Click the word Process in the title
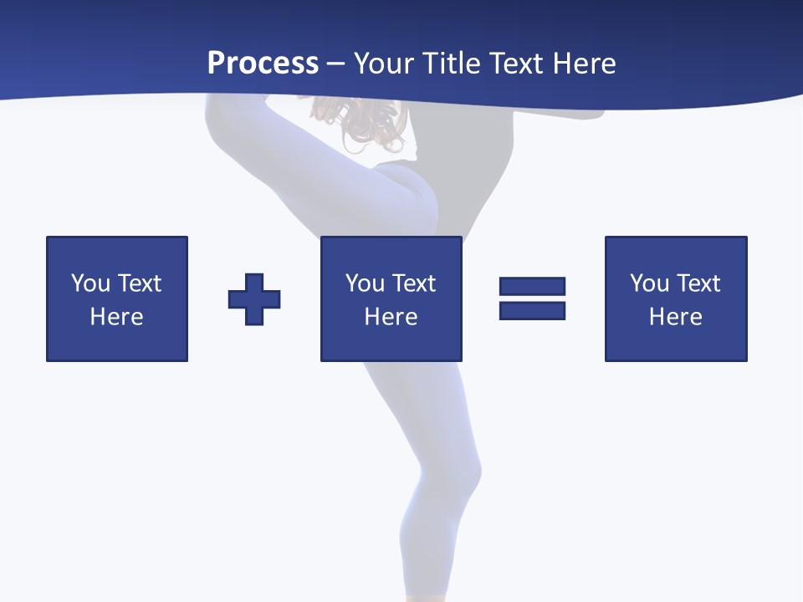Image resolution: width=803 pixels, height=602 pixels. coord(263,64)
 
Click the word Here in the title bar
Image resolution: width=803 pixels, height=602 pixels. coord(583,64)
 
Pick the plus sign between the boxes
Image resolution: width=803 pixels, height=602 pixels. coord(254,299)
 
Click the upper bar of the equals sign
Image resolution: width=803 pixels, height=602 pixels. coord(532,287)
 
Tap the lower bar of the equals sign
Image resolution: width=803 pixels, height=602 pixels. coord(532,310)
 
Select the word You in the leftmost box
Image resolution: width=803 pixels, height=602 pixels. coord(91,283)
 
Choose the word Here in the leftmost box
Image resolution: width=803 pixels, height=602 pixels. coord(116,317)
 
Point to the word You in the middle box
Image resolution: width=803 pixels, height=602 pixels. coord(366,283)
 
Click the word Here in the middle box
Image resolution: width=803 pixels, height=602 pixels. coord(391,317)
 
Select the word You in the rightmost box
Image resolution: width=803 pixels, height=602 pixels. coord(650,283)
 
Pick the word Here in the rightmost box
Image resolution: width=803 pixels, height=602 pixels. coord(675,317)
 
